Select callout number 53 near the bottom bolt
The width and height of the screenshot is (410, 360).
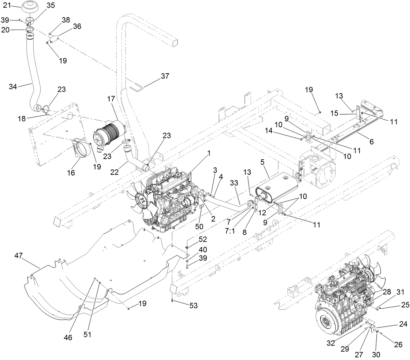pyautogui.click(x=193, y=306)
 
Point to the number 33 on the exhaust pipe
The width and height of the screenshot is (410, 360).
pyautogui.click(x=234, y=183)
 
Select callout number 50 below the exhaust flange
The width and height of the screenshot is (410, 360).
pyautogui.click(x=199, y=227)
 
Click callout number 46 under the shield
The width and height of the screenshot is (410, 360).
pyautogui.click(x=68, y=337)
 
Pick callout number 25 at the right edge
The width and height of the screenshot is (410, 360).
pyautogui.click(x=405, y=305)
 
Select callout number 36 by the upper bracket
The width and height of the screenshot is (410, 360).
pyautogui.click(x=77, y=26)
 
